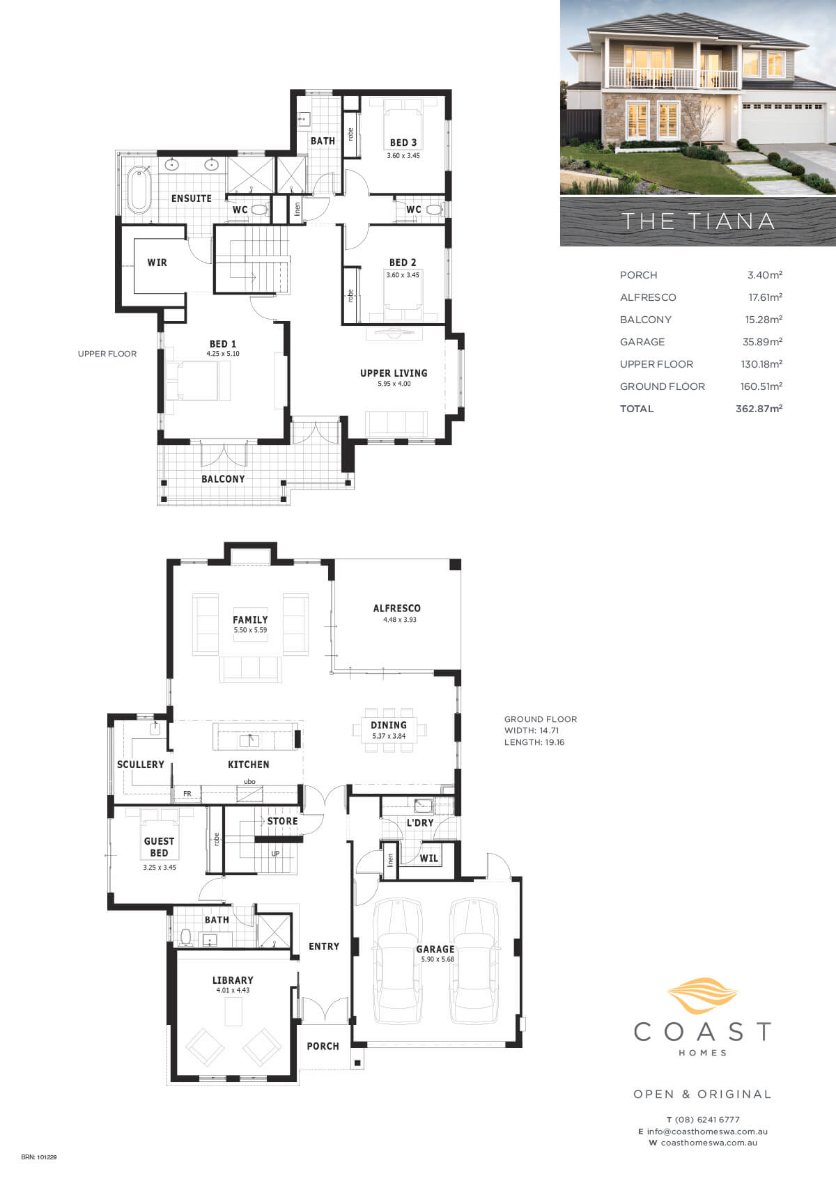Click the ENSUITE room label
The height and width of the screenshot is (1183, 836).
coord(192,198)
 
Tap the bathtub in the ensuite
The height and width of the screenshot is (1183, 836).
coord(139,190)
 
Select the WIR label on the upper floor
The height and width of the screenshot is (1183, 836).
coord(157,263)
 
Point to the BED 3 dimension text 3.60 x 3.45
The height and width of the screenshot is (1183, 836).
coord(403,156)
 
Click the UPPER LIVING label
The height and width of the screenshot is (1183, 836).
coord(394,373)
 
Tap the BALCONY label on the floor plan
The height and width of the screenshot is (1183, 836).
coord(223,479)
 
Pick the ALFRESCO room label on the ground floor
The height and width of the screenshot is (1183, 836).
coord(397,609)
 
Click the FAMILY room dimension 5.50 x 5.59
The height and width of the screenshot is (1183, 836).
coord(251,630)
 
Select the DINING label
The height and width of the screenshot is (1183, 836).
coord(389,725)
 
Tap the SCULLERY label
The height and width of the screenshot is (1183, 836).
coord(141,765)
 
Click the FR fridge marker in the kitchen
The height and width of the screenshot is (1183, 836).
coord(187,793)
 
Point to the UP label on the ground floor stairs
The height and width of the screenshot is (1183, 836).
coord(275,854)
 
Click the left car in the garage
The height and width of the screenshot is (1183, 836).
coord(398,961)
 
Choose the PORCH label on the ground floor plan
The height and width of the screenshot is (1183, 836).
coord(323,1047)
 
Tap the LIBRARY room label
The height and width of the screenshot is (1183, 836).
coord(233,980)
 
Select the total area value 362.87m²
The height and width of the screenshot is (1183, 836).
coord(759,408)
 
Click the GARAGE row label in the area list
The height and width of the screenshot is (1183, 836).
coord(642,342)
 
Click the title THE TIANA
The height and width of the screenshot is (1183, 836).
coord(698,221)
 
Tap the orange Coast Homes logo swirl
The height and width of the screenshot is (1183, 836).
coord(702,996)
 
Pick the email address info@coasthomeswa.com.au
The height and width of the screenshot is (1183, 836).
coord(707,1131)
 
